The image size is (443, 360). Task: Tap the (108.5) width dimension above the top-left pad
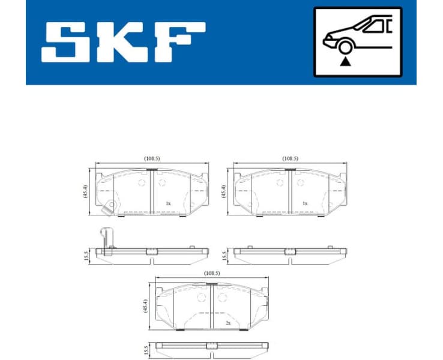(152, 158)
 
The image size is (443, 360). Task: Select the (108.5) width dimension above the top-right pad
(290, 158)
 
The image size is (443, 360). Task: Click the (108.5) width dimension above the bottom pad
(211, 273)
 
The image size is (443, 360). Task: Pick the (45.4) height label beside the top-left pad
(85, 191)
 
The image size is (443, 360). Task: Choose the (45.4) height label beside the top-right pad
(223, 191)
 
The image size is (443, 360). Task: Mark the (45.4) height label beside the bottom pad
(145, 306)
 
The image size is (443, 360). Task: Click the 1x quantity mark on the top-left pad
(168, 203)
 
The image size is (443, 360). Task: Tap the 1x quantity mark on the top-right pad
(305, 203)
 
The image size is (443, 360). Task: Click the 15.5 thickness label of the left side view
(86, 256)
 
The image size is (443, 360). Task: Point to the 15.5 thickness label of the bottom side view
(145, 349)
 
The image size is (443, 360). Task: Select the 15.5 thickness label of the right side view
(224, 256)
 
